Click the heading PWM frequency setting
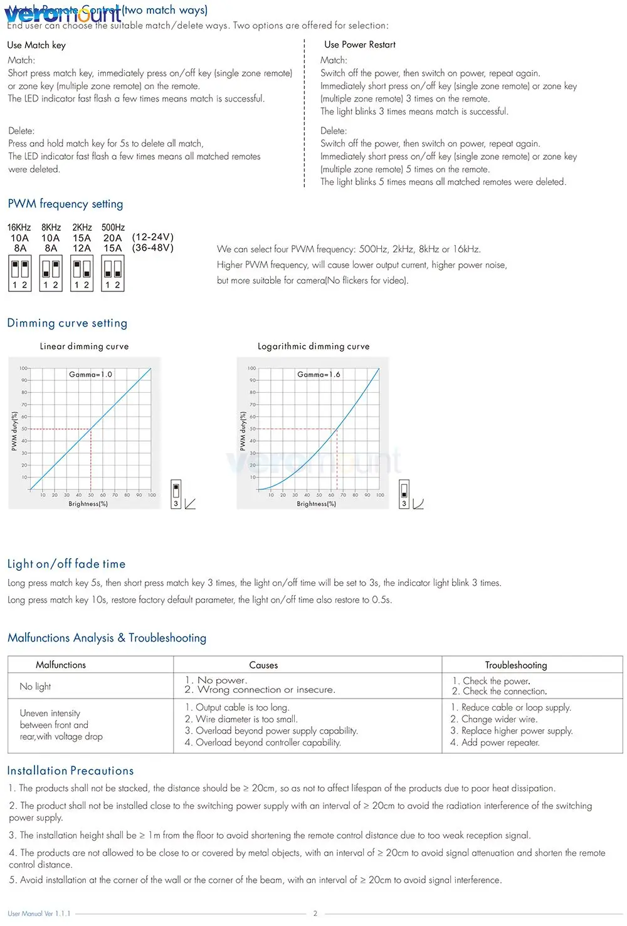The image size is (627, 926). (65, 204)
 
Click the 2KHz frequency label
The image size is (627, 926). (82, 227)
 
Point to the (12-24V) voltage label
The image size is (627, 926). (152, 237)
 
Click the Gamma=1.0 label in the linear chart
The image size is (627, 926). (90, 374)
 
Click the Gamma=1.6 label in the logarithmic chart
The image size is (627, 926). (319, 374)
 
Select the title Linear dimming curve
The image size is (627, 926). (84, 346)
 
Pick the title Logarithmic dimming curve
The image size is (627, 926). (313, 346)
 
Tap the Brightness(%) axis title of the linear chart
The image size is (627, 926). (88, 504)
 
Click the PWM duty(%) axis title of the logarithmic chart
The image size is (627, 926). (243, 431)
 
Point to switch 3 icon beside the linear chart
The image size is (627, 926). (176, 494)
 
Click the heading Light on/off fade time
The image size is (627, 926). (66, 564)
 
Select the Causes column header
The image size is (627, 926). (263, 665)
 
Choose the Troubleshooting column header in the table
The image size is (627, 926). (516, 665)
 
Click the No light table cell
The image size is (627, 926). (35, 687)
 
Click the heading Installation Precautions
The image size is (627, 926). (70, 771)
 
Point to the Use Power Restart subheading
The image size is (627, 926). (360, 44)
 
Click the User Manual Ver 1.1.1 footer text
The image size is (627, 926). (39, 913)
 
